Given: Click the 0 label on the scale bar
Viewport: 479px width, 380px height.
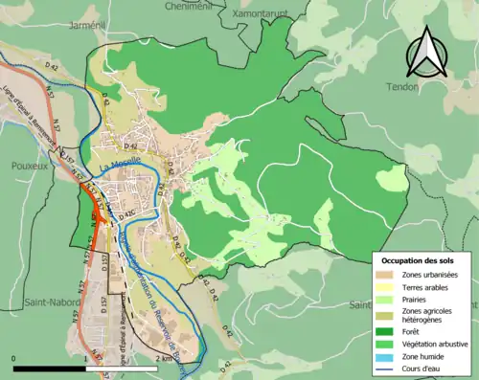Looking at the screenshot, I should click(14, 358).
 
